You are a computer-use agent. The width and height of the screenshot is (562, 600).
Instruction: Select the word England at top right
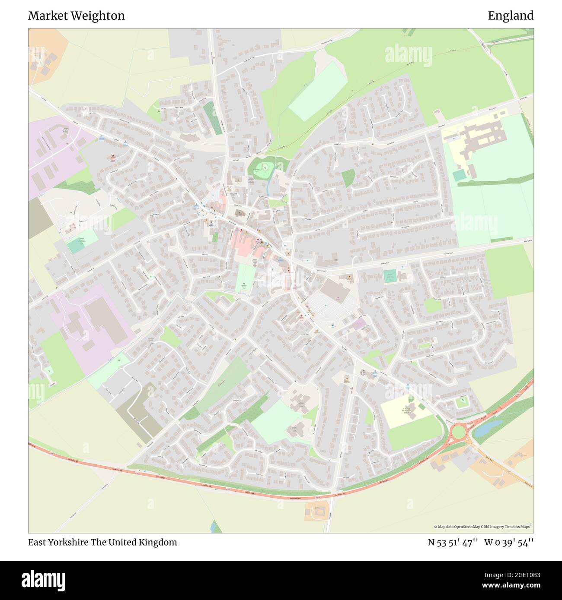tap(511, 16)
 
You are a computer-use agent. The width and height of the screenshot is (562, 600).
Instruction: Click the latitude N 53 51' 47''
tap(453, 542)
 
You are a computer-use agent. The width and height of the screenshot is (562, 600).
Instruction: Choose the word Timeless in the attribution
tap(512, 527)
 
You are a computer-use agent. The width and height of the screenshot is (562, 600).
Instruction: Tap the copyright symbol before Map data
tap(435, 527)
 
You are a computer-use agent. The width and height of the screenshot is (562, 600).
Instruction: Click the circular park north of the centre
tap(262, 168)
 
